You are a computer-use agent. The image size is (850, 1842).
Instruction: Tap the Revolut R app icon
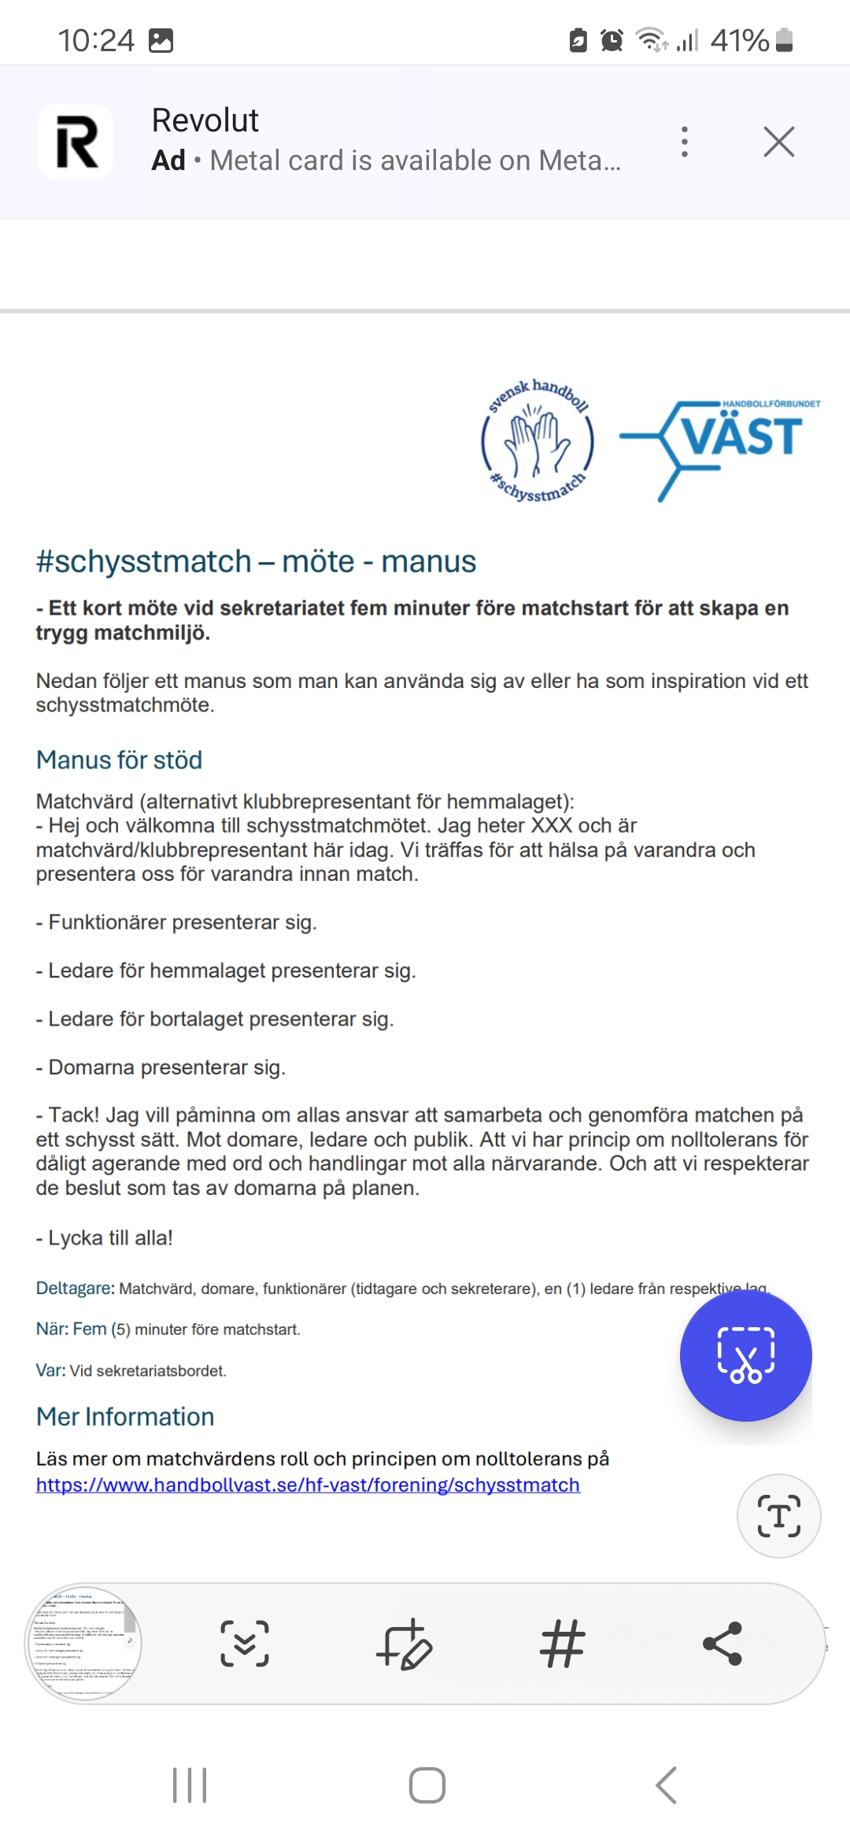(x=76, y=142)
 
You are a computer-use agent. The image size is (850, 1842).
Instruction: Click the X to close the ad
(x=778, y=142)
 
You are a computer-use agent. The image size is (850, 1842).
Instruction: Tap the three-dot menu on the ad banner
(x=685, y=142)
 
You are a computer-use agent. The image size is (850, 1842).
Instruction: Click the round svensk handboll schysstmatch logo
(x=538, y=441)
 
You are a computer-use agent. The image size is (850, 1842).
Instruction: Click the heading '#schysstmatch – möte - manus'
(x=256, y=562)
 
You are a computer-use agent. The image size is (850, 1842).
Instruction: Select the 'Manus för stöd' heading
(x=120, y=760)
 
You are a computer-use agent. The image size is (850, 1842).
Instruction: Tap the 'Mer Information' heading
(x=125, y=1417)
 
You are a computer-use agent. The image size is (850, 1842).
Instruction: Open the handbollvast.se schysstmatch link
(x=308, y=1485)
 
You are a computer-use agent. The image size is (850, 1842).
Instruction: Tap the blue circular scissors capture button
(x=745, y=1355)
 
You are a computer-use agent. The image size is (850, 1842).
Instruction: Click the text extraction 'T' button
(x=778, y=1516)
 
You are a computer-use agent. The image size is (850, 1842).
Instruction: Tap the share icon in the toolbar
(x=722, y=1644)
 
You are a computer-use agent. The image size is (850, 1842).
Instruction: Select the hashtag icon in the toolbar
(x=562, y=1644)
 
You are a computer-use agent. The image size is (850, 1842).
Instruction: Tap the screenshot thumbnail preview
(x=84, y=1644)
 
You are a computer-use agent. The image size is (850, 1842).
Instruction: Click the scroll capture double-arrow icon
(x=245, y=1644)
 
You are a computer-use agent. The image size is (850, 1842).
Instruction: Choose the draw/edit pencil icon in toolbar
(x=404, y=1644)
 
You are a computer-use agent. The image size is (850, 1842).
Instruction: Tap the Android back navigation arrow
(x=666, y=1785)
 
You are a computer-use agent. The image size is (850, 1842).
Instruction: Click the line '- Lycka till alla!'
(x=105, y=1238)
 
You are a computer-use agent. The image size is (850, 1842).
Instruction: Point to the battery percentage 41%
(x=739, y=40)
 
